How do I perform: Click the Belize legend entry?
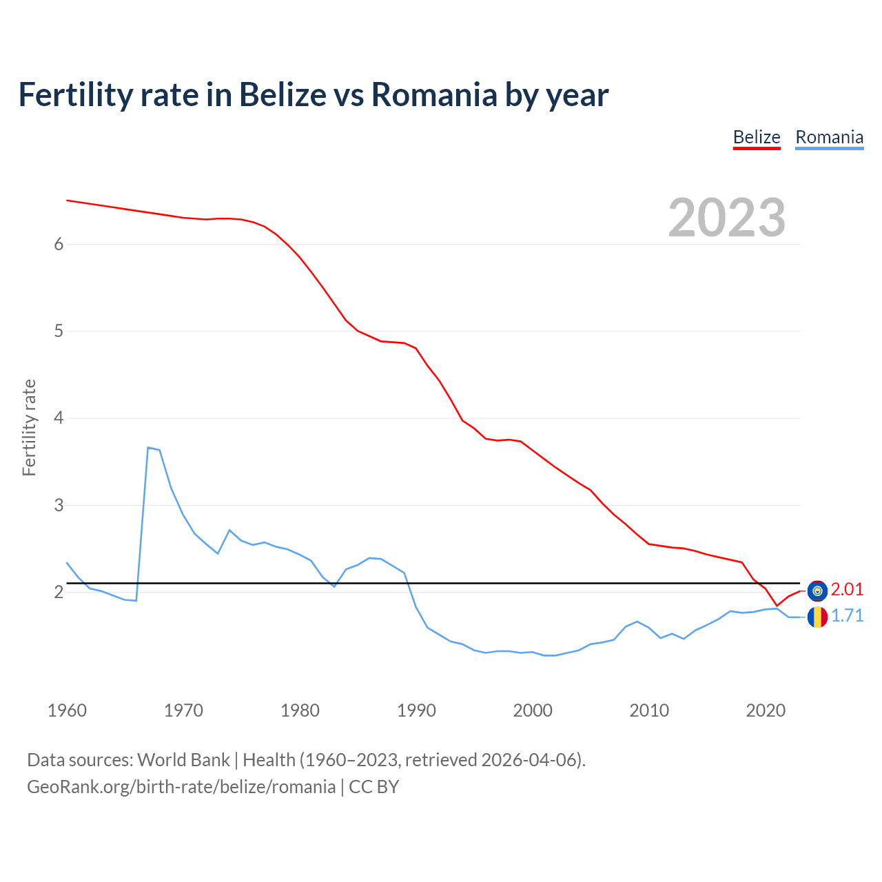click(x=756, y=137)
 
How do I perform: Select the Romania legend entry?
click(x=829, y=137)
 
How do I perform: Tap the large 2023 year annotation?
click(x=726, y=218)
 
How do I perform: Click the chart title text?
click(x=314, y=94)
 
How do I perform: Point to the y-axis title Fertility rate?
click(x=29, y=427)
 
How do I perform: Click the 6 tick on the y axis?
click(x=59, y=244)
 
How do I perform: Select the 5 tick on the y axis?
click(x=59, y=331)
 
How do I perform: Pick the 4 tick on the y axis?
click(x=59, y=418)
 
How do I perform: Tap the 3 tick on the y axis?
click(x=59, y=505)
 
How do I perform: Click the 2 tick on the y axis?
click(x=59, y=592)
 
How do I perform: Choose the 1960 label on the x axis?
click(x=67, y=710)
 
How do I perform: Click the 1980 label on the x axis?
click(x=300, y=710)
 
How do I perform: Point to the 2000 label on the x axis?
click(x=533, y=710)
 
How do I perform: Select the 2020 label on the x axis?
click(x=766, y=710)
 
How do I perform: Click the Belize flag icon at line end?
click(x=817, y=591)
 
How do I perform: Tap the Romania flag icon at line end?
click(x=817, y=617)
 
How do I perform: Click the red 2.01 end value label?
click(x=847, y=590)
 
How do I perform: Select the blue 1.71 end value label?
click(x=847, y=616)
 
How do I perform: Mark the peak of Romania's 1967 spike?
click(x=148, y=448)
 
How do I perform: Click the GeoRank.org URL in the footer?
click(x=181, y=787)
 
